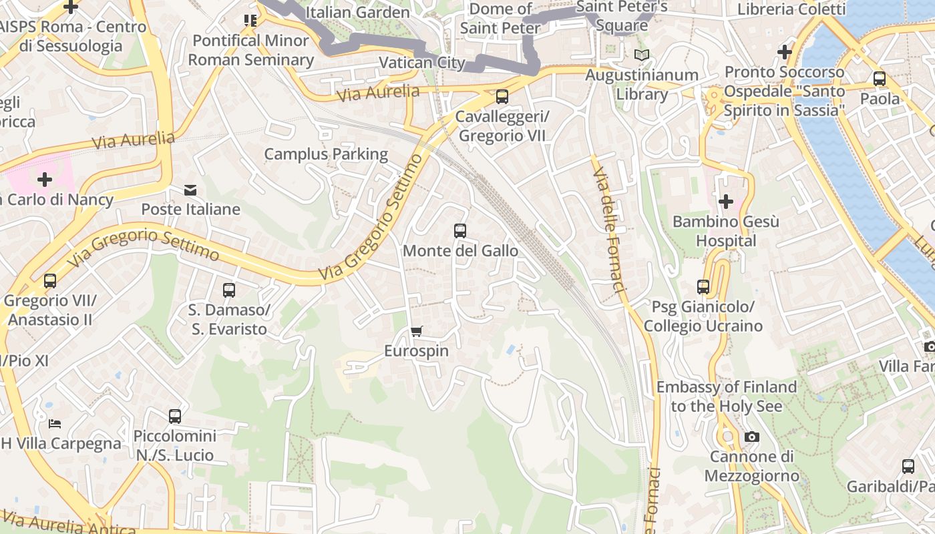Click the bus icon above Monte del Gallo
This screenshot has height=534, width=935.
pos(459,231)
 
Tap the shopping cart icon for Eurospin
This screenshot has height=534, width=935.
pos(417,331)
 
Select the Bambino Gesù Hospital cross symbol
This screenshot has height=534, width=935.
pos(725,201)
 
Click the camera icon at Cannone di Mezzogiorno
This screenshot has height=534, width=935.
pos(751,437)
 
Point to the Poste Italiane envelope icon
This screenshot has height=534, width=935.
pos(190,190)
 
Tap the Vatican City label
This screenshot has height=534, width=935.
pos(421,63)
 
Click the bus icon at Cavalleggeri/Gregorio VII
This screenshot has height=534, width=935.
pos(502,97)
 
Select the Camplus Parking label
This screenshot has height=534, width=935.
pos(326,154)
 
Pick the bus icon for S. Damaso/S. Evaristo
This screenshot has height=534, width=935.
pos(229,290)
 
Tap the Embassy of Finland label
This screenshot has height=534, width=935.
pos(727,396)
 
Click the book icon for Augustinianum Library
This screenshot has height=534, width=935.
pos(641,55)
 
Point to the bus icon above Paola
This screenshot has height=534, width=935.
pos(879,79)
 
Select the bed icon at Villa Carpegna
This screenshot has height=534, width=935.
pos(55,423)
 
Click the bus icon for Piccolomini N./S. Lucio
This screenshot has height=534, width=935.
pos(175,417)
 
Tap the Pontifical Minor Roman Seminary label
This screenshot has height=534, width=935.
pos(250,50)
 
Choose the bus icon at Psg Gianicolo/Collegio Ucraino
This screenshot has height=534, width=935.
pos(703,287)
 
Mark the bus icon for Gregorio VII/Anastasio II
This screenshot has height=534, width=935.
pos(50,281)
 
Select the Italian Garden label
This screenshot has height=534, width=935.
pos(357,12)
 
